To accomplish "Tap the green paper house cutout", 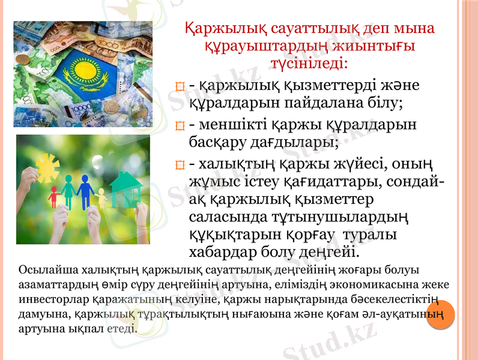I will (125, 189).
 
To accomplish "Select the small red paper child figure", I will (53, 196).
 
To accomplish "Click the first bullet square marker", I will (178, 88).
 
